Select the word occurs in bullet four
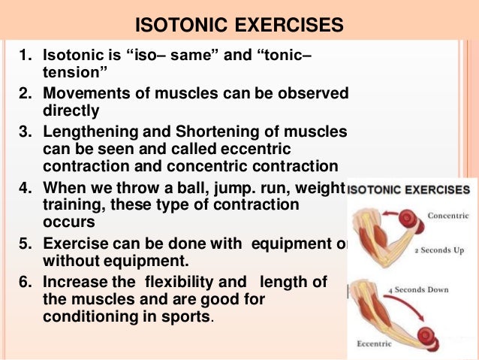(68, 222)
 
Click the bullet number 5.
(23, 244)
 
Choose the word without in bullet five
(73, 261)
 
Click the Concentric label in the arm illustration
(447, 215)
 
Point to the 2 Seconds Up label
(439, 248)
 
